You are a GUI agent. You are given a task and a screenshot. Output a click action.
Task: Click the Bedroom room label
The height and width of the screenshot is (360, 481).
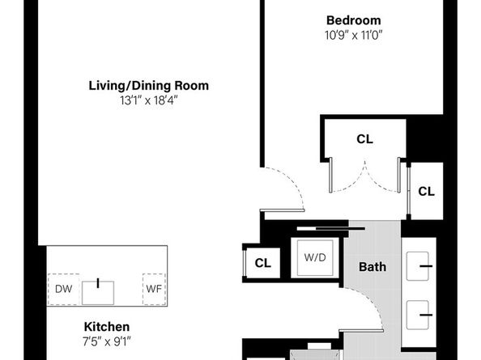click(353, 20)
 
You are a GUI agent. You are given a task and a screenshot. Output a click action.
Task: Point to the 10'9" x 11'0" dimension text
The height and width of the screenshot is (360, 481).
click(353, 36)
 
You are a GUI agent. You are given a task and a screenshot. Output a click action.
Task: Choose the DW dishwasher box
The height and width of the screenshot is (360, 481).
click(62, 289)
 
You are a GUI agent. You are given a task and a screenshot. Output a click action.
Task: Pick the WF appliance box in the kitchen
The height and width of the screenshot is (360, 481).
click(153, 289)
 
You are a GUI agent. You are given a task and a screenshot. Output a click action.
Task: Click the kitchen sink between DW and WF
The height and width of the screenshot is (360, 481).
click(98, 287)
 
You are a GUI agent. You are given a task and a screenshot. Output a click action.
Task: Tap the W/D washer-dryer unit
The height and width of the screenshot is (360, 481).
click(315, 259)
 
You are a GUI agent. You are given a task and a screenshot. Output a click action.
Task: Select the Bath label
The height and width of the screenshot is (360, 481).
click(372, 266)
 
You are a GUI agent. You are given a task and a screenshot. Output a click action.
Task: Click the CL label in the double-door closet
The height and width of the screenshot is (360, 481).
click(364, 139)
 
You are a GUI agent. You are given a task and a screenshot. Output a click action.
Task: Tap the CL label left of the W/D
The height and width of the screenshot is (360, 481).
click(262, 263)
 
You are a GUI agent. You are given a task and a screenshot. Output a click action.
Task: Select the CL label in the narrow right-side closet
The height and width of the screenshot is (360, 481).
click(426, 192)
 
